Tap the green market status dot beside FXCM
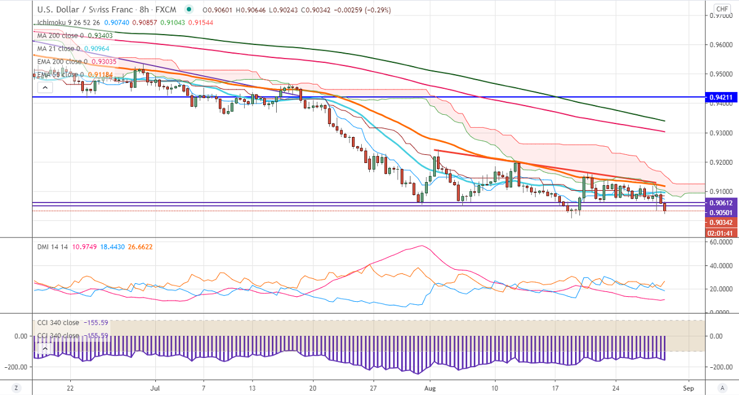pyautogui.click(x=188, y=9)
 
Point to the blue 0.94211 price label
pyautogui.click(x=721, y=97)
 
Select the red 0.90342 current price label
pyautogui.click(x=721, y=222)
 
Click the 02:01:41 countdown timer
pyautogui.click(x=721, y=233)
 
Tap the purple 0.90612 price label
pyautogui.click(x=721, y=203)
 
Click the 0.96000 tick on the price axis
pyautogui.click(x=722, y=44)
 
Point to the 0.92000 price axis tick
pyautogui.click(x=722, y=162)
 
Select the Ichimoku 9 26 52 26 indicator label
pyautogui.click(x=68, y=23)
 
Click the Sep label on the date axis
pyautogui.click(x=688, y=388)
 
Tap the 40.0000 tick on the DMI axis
pyautogui.click(x=720, y=266)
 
